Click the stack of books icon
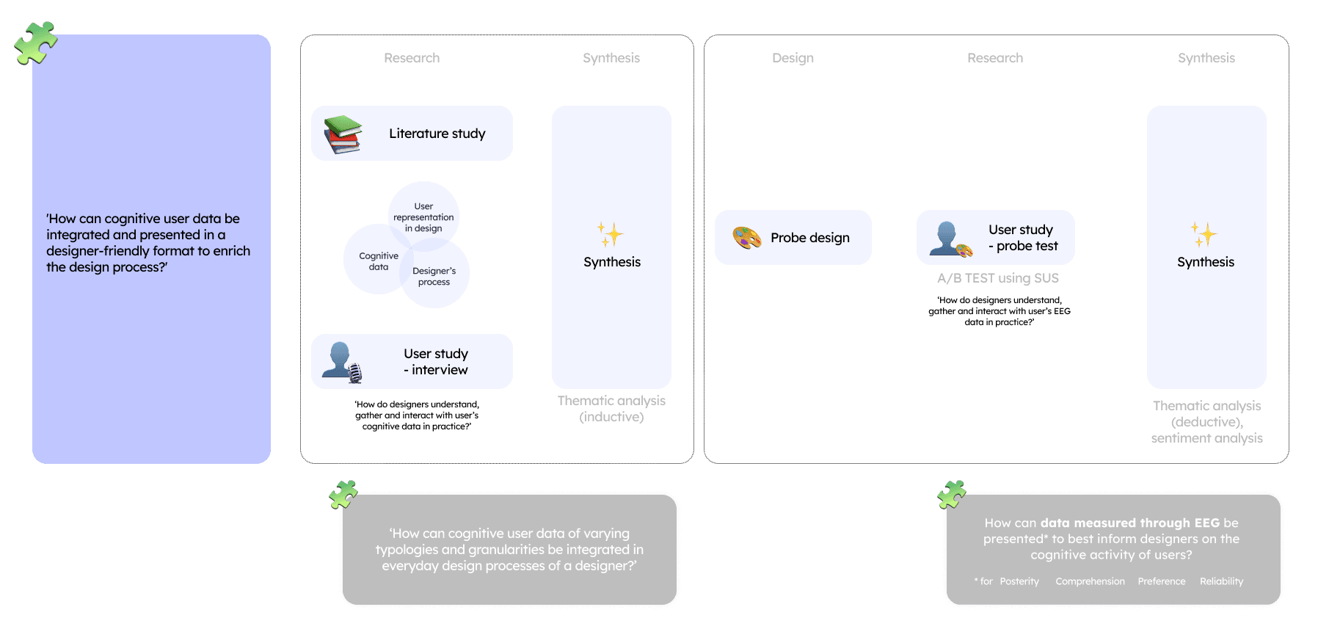click(x=343, y=134)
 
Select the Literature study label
click(x=437, y=134)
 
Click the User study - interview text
click(x=436, y=362)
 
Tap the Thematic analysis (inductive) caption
click(x=611, y=409)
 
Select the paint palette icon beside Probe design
click(x=747, y=238)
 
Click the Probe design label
click(x=810, y=238)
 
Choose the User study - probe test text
click(x=1023, y=238)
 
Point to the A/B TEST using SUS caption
click(x=998, y=278)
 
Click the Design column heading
click(x=793, y=58)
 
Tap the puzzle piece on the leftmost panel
click(x=35, y=43)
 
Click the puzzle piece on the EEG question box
click(x=952, y=495)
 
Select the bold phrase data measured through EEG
click(x=1129, y=523)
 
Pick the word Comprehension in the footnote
click(x=1090, y=581)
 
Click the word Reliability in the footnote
click(x=1221, y=581)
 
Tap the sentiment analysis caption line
click(x=1206, y=438)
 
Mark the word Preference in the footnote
click(x=1161, y=581)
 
